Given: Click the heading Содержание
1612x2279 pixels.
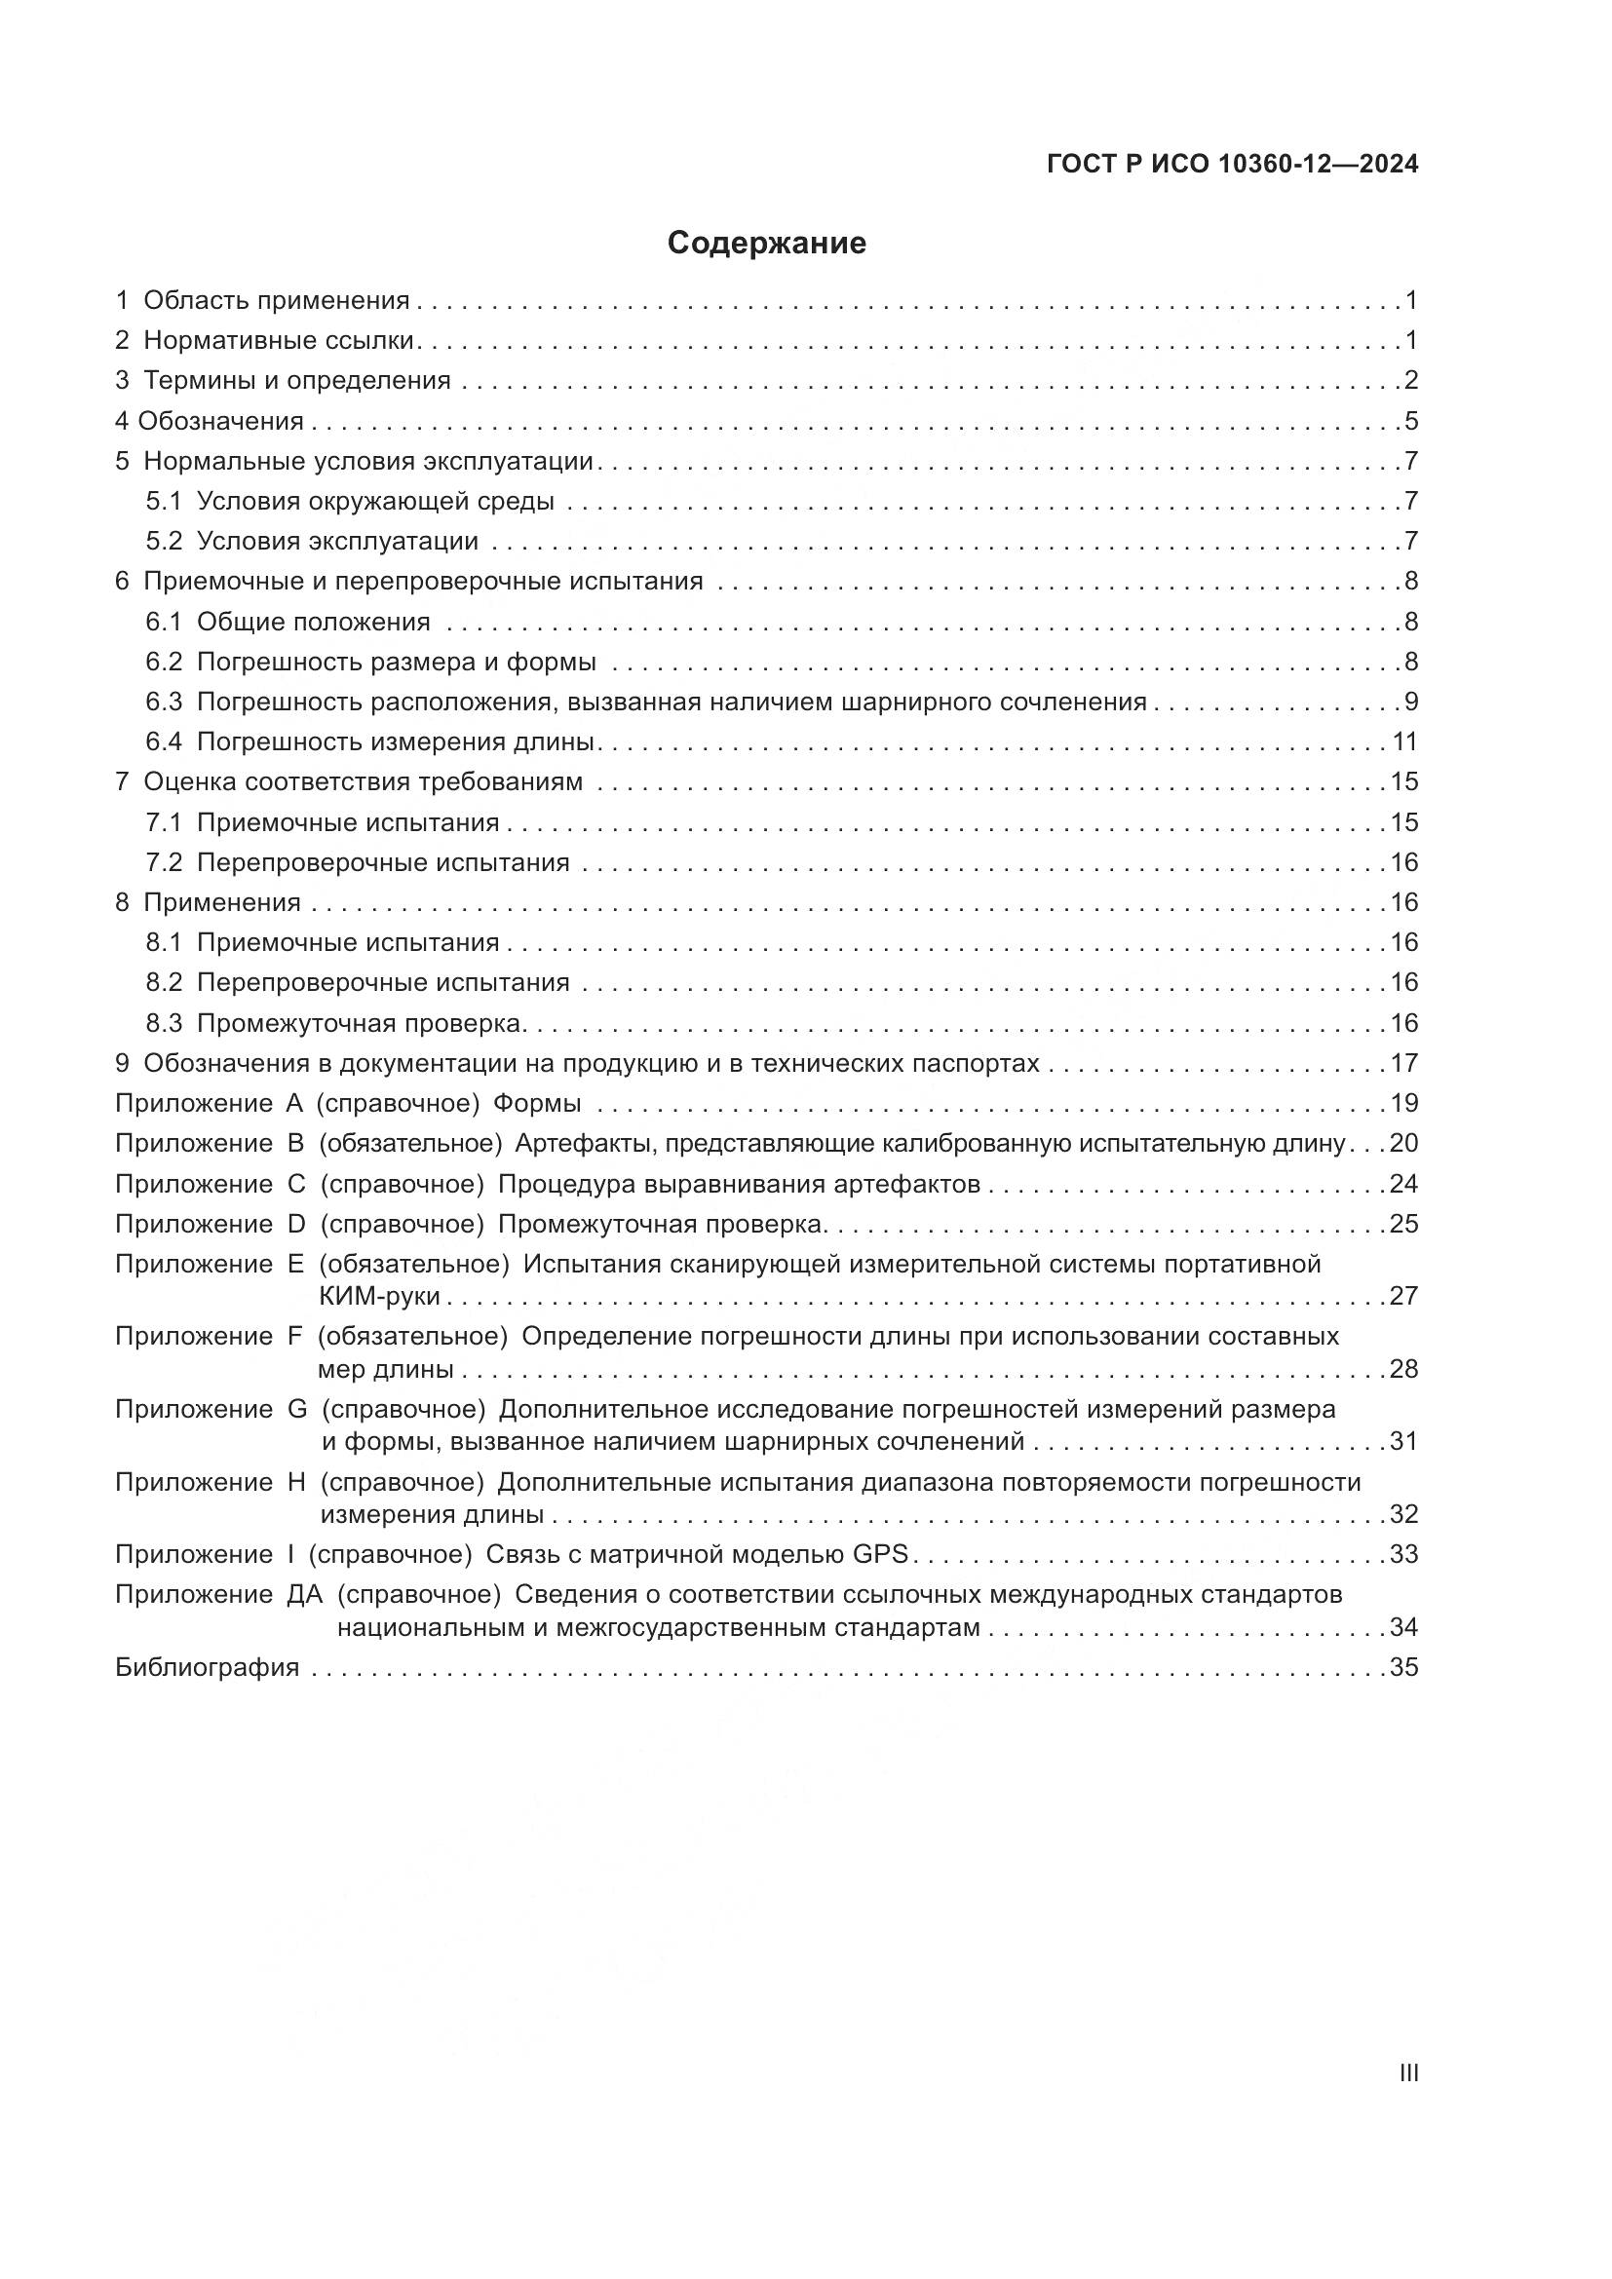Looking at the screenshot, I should pyautogui.click(x=766, y=244).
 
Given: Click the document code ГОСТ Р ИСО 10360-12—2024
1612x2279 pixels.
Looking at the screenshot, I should pyautogui.click(x=1232, y=165).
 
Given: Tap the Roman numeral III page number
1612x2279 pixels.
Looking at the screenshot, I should pyautogui.click(x=1407, y=2072).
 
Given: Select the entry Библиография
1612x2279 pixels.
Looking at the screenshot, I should pyautogui.click(x=208, y=1666).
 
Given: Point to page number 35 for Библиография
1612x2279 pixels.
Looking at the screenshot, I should pyautogui.click(x=1403, y=1666).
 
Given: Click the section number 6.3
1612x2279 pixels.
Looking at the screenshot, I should pyautogui.click(x=164, y=702).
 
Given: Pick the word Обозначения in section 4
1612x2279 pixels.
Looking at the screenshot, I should pyautogui.click(x=220, y=421).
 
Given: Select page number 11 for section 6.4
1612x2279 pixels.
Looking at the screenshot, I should pyautogui.click(x=1404, y=741).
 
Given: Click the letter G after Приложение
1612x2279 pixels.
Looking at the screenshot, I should pyautogui.click(x=297, y=1409).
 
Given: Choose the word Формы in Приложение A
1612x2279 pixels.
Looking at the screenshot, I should pyautogui.click(x=537, y=1103).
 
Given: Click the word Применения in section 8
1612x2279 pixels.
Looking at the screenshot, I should pyautogui.click(x=222, y=902).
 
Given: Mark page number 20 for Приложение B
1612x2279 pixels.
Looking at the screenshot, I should pyautogui.click(x=1403, y=1144).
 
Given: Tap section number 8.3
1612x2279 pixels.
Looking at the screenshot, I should pyautogui.click(x=164, y=1023).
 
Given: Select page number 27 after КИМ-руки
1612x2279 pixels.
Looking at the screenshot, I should pyautogui.click(x=1403, y=1296).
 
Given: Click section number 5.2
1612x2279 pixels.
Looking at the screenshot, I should pyautogui.click(x=164, y=541).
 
